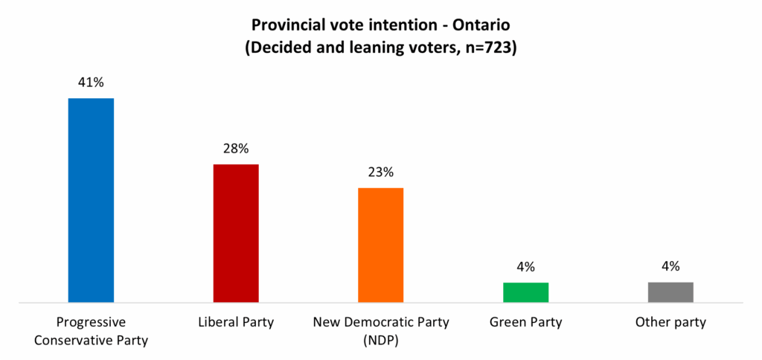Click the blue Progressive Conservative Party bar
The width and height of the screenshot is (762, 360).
pyautogui.click(x=91, y=200)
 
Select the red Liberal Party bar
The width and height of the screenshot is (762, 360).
pyautogui.click(x=236, y=233)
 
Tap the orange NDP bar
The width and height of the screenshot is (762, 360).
pyautogui.click(x=380, y=245)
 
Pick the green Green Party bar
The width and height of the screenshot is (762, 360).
pyautogui.click(x=525, y=292)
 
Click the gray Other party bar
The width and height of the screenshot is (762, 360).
pyautogui.click(x=670, y=292)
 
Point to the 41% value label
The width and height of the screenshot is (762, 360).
pyautogui.click(x=91, y=83)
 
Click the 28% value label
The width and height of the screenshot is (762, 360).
pyautogui.click(x=236, y=148)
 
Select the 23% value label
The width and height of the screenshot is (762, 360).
pyautogui.click(x=380, y=172)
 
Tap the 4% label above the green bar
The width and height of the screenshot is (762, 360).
pyautogui.click(x=525, y=267)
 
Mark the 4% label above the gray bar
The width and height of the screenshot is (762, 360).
pyautogui.click(x=670, y=267)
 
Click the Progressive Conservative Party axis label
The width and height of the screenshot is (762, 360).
pyautogui.click(x=91, y=332)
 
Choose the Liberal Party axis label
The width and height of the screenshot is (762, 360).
pyautogui.click(x=236, y=323)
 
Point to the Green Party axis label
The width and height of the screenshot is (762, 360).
pyautogui.click(x=525, y=323)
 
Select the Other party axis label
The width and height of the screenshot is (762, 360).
pyautogui.click(x=670, y=323)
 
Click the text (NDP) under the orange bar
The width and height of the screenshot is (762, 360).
pyautogui.click(x=381, y=341)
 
